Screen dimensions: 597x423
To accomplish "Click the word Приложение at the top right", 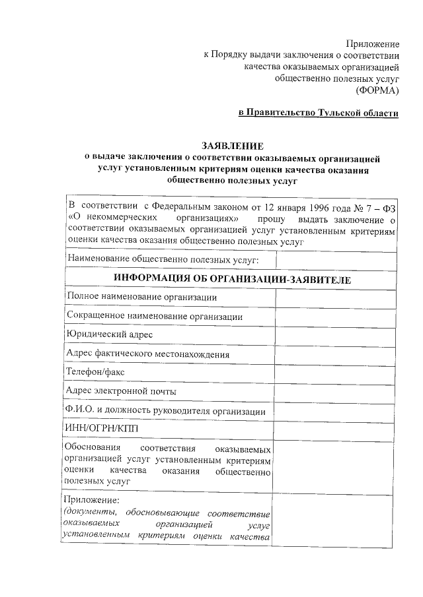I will click(x=373, y=43).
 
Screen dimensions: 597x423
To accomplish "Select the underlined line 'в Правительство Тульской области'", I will click(x=319, y=113).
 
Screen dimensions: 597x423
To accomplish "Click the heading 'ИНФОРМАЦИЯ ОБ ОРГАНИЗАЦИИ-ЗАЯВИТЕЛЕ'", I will click(x=231, y=279).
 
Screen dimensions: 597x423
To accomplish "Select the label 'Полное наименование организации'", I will click(x=141, y=298).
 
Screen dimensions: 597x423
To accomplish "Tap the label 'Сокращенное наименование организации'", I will click(x=154, y=317).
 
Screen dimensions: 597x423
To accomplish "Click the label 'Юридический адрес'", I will click(x=109, y=335).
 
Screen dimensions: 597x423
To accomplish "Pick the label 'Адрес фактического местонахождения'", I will click(x=148, y=354).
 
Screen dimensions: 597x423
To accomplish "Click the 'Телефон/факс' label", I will click(x=95, y=373).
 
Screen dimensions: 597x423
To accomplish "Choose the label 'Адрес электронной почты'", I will click(x=121, y=392).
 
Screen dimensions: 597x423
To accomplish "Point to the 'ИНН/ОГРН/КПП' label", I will click(x=98, y=429).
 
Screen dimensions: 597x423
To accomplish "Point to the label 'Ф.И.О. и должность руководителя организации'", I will click(x=165, y=411).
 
